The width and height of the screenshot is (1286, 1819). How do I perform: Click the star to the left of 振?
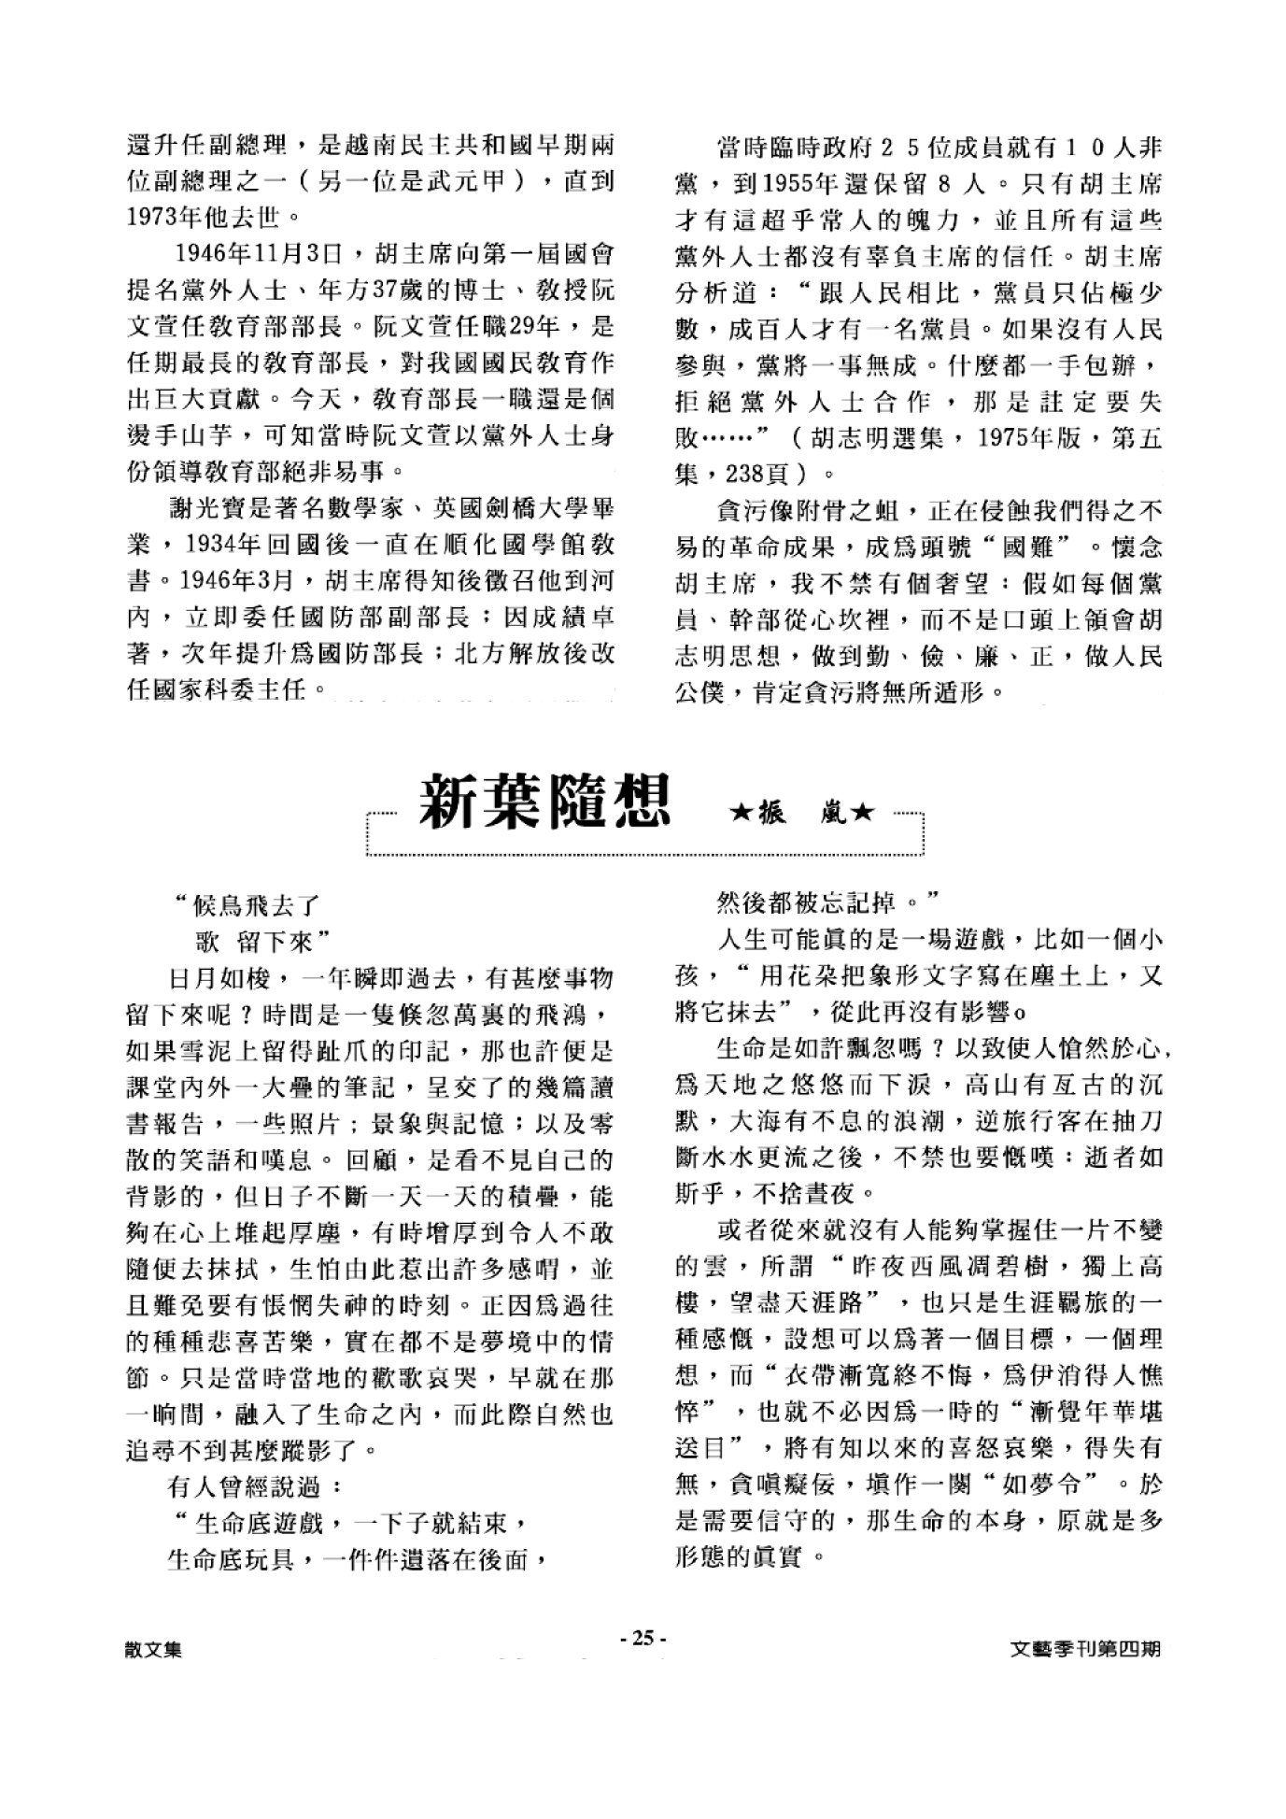(742, 814)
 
